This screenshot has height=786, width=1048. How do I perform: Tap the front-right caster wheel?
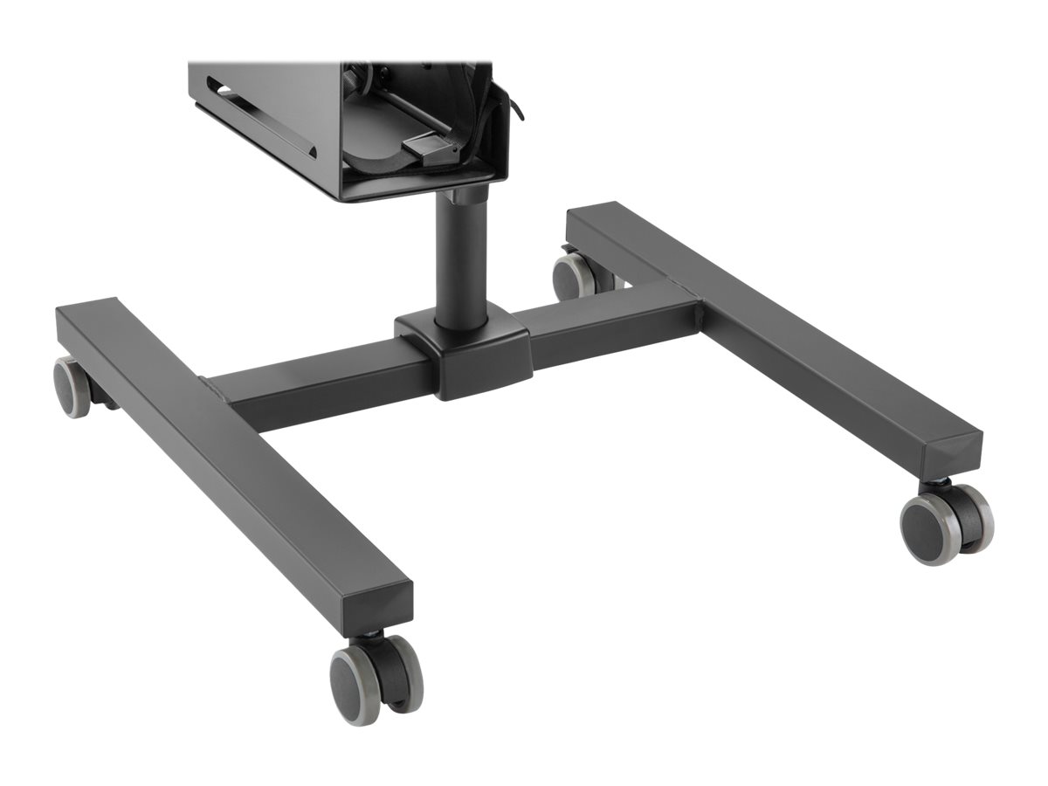946,521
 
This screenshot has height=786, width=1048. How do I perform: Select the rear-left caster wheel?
73,386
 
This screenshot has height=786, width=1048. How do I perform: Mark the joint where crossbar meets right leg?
690,306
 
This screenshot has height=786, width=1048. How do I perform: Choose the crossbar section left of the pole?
323,384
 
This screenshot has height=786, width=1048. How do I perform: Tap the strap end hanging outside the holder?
515,105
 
